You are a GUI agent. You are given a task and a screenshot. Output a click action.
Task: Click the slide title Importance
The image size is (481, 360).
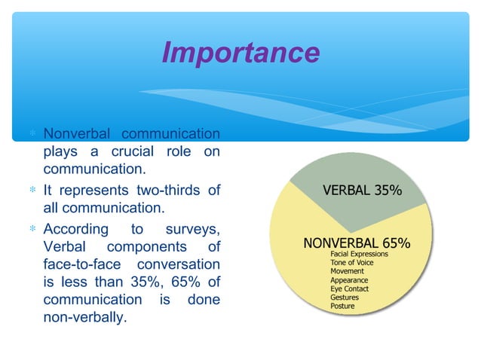point(240,53)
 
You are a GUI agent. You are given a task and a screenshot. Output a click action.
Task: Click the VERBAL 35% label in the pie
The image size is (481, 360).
point(362,191)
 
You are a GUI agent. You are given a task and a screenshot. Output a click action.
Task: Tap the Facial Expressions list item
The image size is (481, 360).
point(359,255)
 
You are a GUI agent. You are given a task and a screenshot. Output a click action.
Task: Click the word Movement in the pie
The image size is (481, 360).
point(348,271)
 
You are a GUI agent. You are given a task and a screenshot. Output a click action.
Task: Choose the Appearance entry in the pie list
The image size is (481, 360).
point(349,280)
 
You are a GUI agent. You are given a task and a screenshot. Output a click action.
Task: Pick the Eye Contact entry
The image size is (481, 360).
point(349,288)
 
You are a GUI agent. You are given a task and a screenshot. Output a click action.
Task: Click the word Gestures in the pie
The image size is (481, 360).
point(345,297)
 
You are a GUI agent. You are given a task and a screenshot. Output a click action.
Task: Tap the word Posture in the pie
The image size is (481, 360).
point(343,306)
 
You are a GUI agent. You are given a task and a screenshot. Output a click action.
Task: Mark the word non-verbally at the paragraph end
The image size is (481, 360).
point(84,318)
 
